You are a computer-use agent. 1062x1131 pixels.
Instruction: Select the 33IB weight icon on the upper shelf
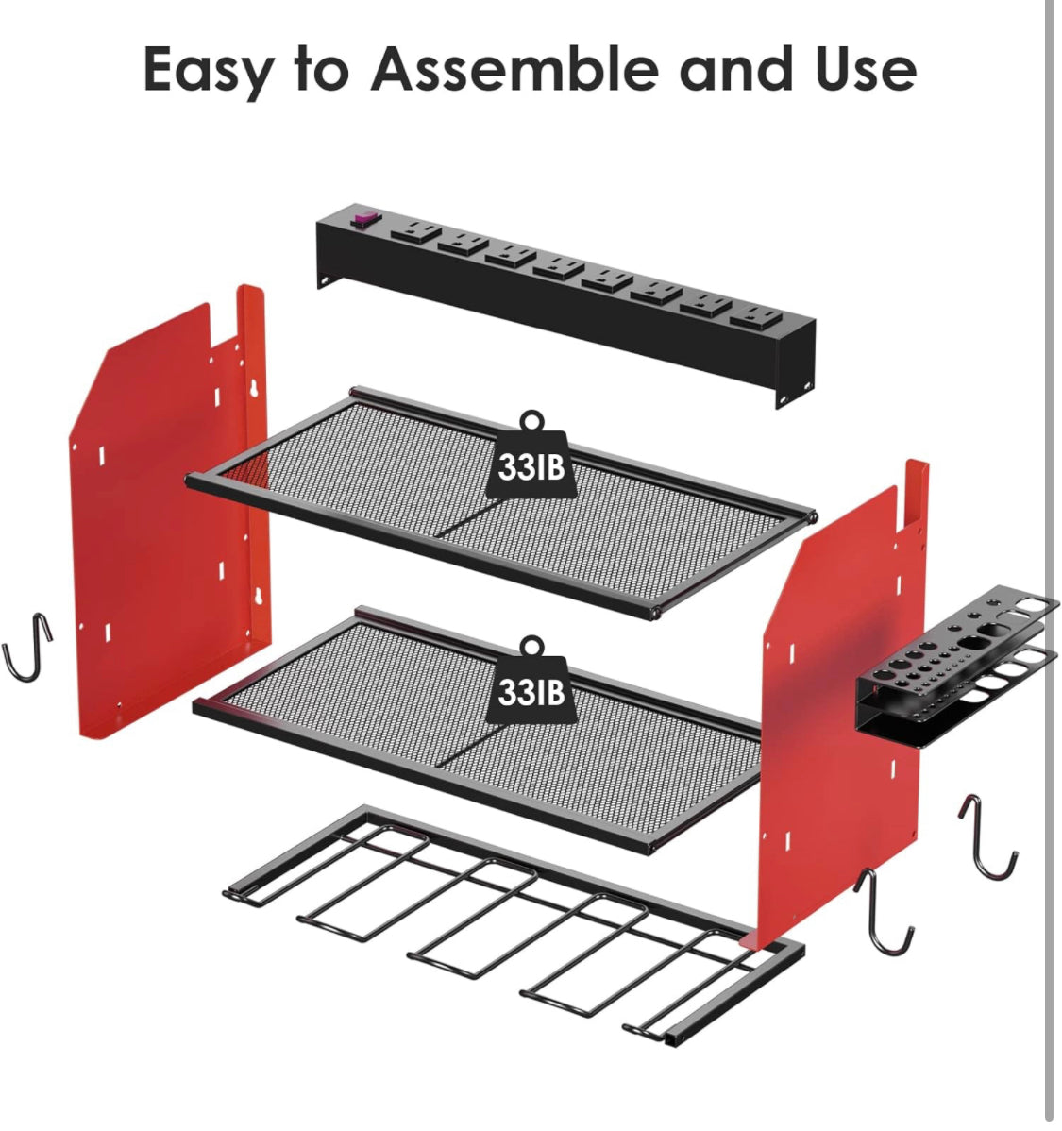point(531,456)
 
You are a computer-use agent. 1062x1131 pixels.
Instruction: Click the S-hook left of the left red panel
point(27,647)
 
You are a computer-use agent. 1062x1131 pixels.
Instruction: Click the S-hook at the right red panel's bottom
point(883,912)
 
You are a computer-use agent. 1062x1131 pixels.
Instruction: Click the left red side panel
point(170,512)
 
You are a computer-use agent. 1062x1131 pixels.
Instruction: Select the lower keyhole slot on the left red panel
point(257,597)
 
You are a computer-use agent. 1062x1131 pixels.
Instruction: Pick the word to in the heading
point(322,69)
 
